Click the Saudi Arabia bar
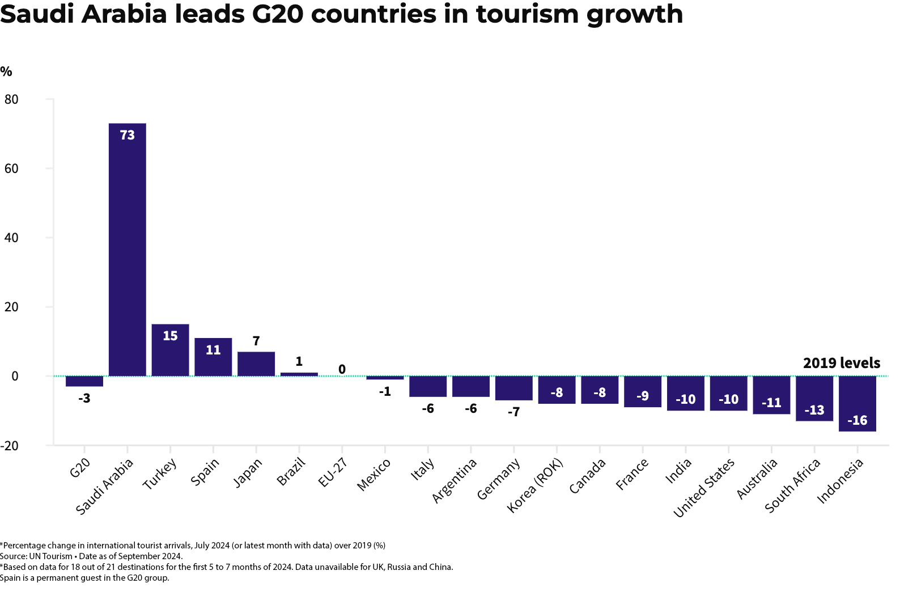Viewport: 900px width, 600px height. click(128, 250)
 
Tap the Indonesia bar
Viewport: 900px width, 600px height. click(857, 403)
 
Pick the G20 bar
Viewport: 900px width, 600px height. click(84, 381)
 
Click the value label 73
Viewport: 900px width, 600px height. click(128, 135)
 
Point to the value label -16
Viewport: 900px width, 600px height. click(857, 420)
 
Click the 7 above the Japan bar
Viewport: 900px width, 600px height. click(256, 341)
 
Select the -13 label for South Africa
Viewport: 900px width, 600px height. click(814, 410)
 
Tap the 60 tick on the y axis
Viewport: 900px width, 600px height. click(11, 168)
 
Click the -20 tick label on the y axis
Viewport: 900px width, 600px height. click(9, 446)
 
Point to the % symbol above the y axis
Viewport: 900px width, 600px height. click(6, 71)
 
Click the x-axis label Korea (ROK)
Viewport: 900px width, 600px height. click(535, 485)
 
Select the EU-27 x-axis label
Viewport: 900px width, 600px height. click(333, 473)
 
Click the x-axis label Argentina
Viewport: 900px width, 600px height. click(455, 480)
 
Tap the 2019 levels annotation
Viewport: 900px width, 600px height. click(842, 363)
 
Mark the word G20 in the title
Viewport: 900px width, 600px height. click(278, 14)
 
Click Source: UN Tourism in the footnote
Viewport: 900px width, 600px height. click(36, 556)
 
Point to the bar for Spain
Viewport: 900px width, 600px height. click(213, 357)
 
